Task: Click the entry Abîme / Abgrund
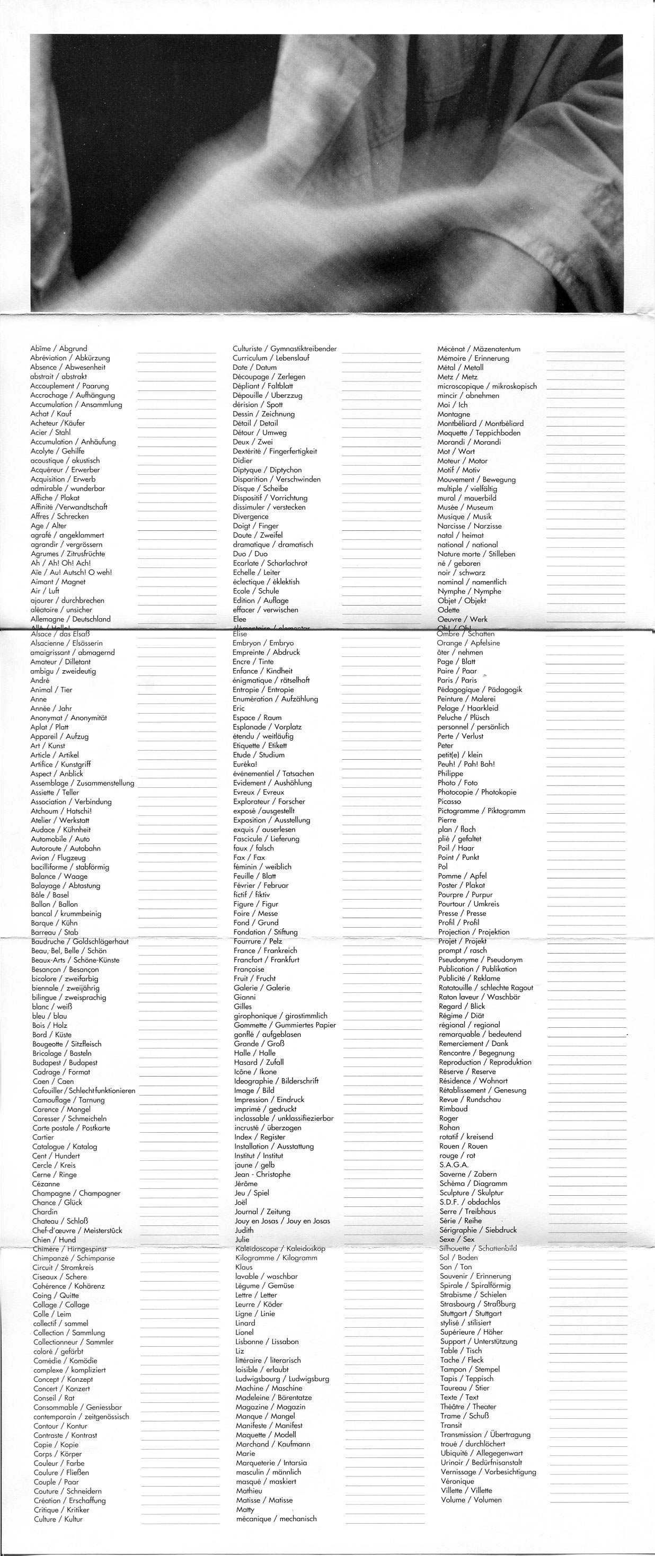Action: tap(59, 349)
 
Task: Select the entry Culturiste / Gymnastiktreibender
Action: tap(285, 349)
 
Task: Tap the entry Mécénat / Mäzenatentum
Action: tap(479, 349)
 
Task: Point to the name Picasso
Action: tap(449, 802)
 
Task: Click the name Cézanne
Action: tap(46, 1184)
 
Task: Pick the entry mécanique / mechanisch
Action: tap(276, 1518)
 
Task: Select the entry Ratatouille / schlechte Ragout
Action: tap(486, 988)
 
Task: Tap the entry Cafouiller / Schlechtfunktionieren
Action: tap(84, 1090)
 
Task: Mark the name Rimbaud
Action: tap(453, 1108)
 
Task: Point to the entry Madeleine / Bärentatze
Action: tap(274, 1397)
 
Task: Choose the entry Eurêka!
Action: tap(245, 764)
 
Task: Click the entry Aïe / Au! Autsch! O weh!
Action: tap(72, 572)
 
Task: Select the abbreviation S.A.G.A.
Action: tap(454, 1164)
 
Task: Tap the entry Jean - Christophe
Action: tap(262, 1174)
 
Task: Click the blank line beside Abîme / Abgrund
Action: tap(176, 351)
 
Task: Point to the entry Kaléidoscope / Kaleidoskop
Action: tap(280, 1249)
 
